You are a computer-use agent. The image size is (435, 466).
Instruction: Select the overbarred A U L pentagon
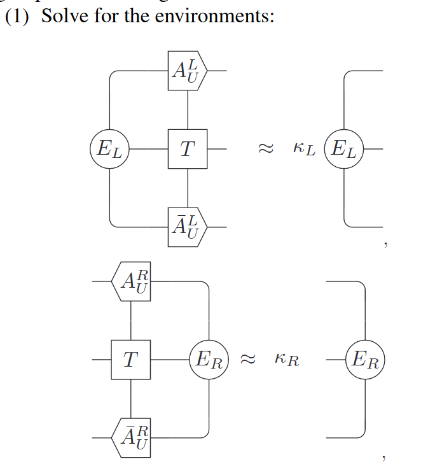(188, 226)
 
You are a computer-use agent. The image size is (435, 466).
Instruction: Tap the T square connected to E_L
(188, 149)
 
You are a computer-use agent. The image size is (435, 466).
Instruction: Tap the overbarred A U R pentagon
(132, 437)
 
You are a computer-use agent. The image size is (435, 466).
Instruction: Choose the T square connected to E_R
(131, 360)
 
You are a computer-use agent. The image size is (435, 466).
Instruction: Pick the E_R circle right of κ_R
(365, 360)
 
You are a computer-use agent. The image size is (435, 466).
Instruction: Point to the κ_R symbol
(287, 361)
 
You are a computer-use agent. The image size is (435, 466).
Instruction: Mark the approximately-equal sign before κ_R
(245, 360)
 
